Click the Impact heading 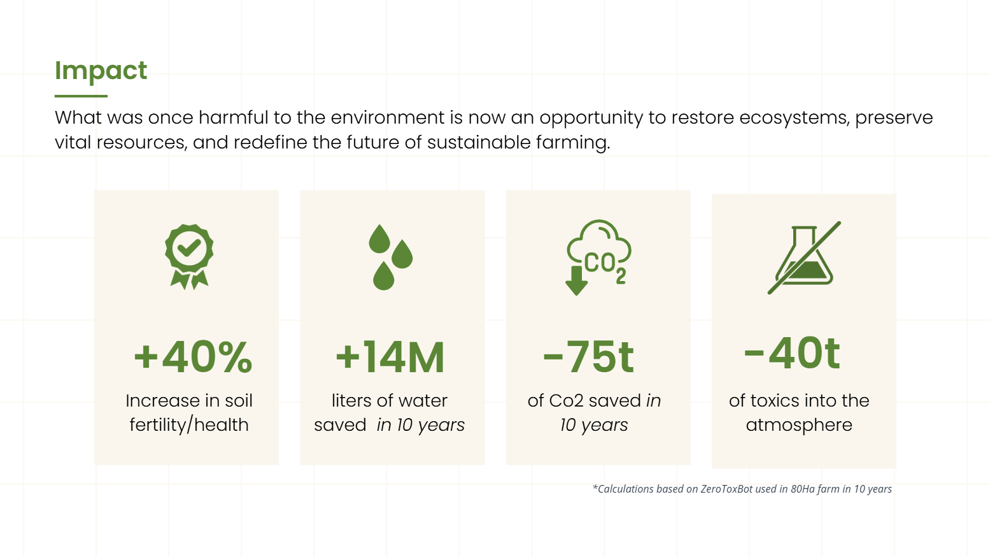point(101,71)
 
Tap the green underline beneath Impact point(81,96)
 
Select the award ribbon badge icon point(189,257)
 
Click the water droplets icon point(391,257)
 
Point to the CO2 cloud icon point(599,257)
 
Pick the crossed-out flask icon point(804,257)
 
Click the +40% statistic point(193,357)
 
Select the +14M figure point(390,357)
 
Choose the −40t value point(792,353)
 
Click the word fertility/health point(189,425)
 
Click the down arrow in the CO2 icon point(576,280)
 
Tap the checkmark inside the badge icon point(188,248)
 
